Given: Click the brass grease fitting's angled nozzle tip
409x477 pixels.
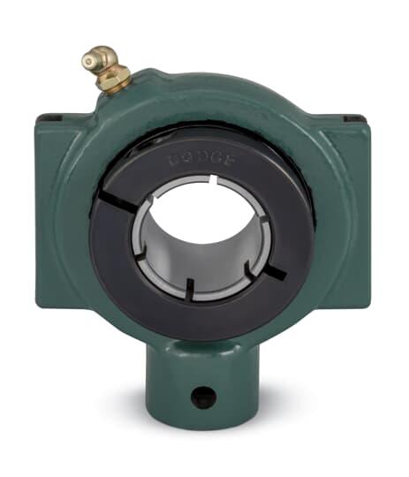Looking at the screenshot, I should pos(90,61).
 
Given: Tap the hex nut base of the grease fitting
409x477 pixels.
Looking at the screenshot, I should pos(116,83).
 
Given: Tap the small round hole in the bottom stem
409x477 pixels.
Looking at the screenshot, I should pos(203,397).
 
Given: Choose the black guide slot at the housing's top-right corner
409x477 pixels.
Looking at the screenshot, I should pos(352,117).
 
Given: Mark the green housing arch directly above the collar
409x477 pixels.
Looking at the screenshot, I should pos(203,106).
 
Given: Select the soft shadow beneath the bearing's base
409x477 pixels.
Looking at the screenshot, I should pos(203,446).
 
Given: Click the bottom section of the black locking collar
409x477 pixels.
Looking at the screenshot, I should pos(203,318).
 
